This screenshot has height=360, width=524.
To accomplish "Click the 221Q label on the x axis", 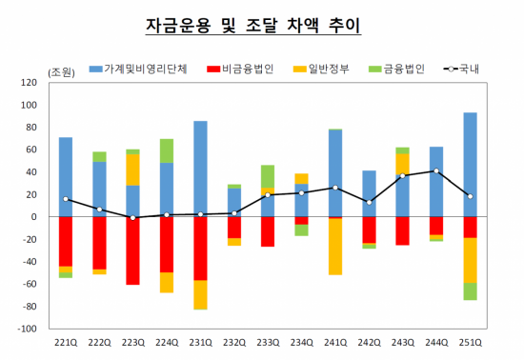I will point(66,343).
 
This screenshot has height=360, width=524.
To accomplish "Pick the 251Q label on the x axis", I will point(470,343).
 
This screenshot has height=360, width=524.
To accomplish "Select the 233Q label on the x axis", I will point(268,343).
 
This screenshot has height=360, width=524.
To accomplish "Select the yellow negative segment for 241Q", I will point(335,247).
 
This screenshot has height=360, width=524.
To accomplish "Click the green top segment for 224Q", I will point(167,150).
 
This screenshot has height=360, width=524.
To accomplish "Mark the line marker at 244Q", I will point(436,171).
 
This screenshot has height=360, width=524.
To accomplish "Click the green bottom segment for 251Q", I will point(470,291).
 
